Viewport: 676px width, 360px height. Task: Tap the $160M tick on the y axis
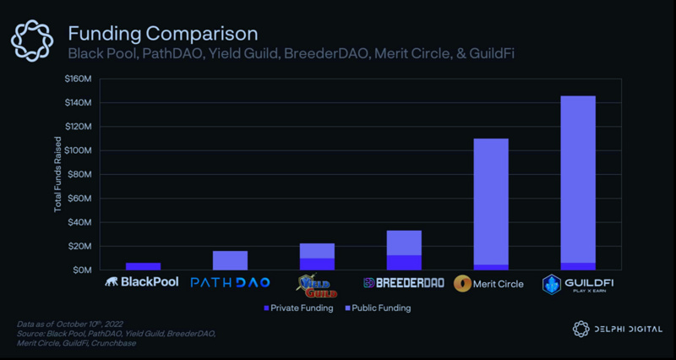tap(77, 79)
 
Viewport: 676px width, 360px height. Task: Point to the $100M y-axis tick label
tap(77, 150)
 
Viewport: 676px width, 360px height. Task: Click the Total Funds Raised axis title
tap(58, 174)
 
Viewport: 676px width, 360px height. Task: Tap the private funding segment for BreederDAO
tap(404, 262)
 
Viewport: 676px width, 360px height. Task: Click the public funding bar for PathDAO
tap(230, 260)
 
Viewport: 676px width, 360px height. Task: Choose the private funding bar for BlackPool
tap(143, 266)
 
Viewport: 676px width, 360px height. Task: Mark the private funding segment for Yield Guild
tap(317, 264)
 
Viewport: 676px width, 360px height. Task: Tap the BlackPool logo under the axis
tap(141, 282)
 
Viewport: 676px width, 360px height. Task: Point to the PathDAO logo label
tap(230, 282)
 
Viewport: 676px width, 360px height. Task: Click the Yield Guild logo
tap(317, 283)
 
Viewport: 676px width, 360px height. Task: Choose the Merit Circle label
tap(490, 283)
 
